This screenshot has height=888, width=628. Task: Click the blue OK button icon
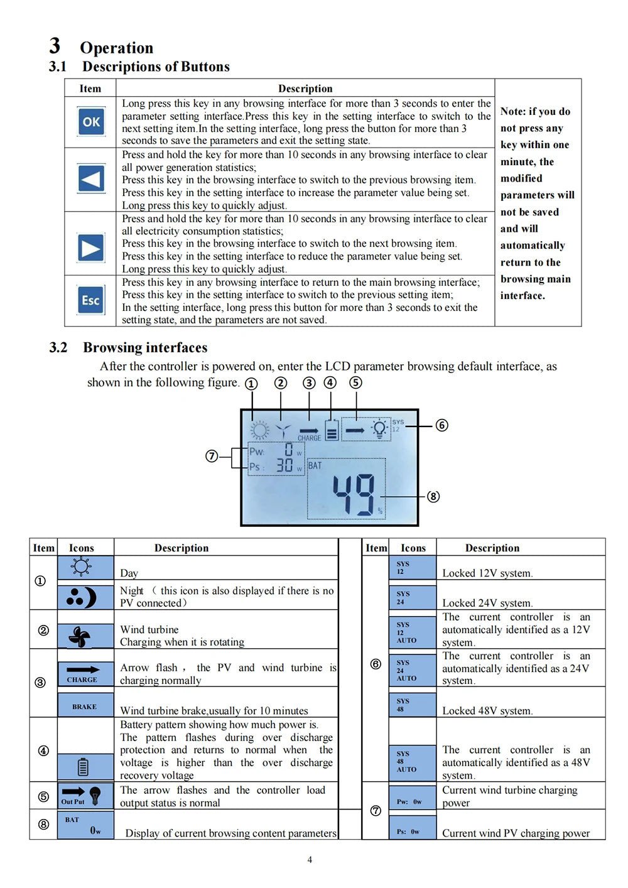pos(91,122)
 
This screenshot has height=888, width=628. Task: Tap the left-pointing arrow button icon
pos(91,179)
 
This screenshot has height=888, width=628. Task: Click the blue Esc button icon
pos(91,300)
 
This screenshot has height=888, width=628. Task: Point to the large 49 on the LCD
pos(353,495)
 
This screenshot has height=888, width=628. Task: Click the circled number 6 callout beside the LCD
pos(442,425)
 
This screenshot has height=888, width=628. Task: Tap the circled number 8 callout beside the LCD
pos(433,496)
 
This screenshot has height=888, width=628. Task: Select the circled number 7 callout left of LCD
pos(212,456)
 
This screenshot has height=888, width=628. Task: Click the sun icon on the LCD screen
pos(259,430)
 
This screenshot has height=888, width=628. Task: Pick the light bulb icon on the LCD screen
pos(379,429)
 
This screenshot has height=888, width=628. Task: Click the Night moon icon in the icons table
pos(85,597)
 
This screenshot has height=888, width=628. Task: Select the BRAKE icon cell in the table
pos(85,705)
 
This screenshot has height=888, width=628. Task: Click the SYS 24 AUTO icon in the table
pos(411,670)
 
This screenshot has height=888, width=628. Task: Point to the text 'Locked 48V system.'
pos(487,711)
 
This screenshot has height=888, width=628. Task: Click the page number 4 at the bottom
pos(310,860)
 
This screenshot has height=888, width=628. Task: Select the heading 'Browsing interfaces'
pos(145,347)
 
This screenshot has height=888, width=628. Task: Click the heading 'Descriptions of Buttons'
pos(156,67)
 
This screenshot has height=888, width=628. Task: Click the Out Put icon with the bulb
pos(85,795)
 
